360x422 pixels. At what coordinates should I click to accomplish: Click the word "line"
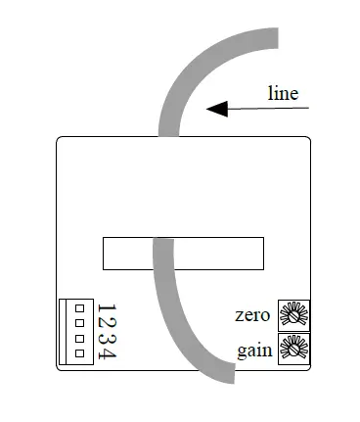coord(283,94)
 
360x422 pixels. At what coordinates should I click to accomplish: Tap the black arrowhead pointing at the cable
coord(217,109)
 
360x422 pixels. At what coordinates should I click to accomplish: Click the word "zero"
coord(254,315)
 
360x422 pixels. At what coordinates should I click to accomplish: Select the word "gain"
coord(255,350)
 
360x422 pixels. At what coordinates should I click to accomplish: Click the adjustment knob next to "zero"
coord(294,314)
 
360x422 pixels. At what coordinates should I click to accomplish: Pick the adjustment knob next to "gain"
coord(294,349)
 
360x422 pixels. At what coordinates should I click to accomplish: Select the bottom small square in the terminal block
coord(78,352)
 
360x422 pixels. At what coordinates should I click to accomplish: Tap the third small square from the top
coord(78,338)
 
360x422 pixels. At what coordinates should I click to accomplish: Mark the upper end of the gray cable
coord(277,39)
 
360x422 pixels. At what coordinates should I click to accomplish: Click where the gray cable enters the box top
coord(169,136)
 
